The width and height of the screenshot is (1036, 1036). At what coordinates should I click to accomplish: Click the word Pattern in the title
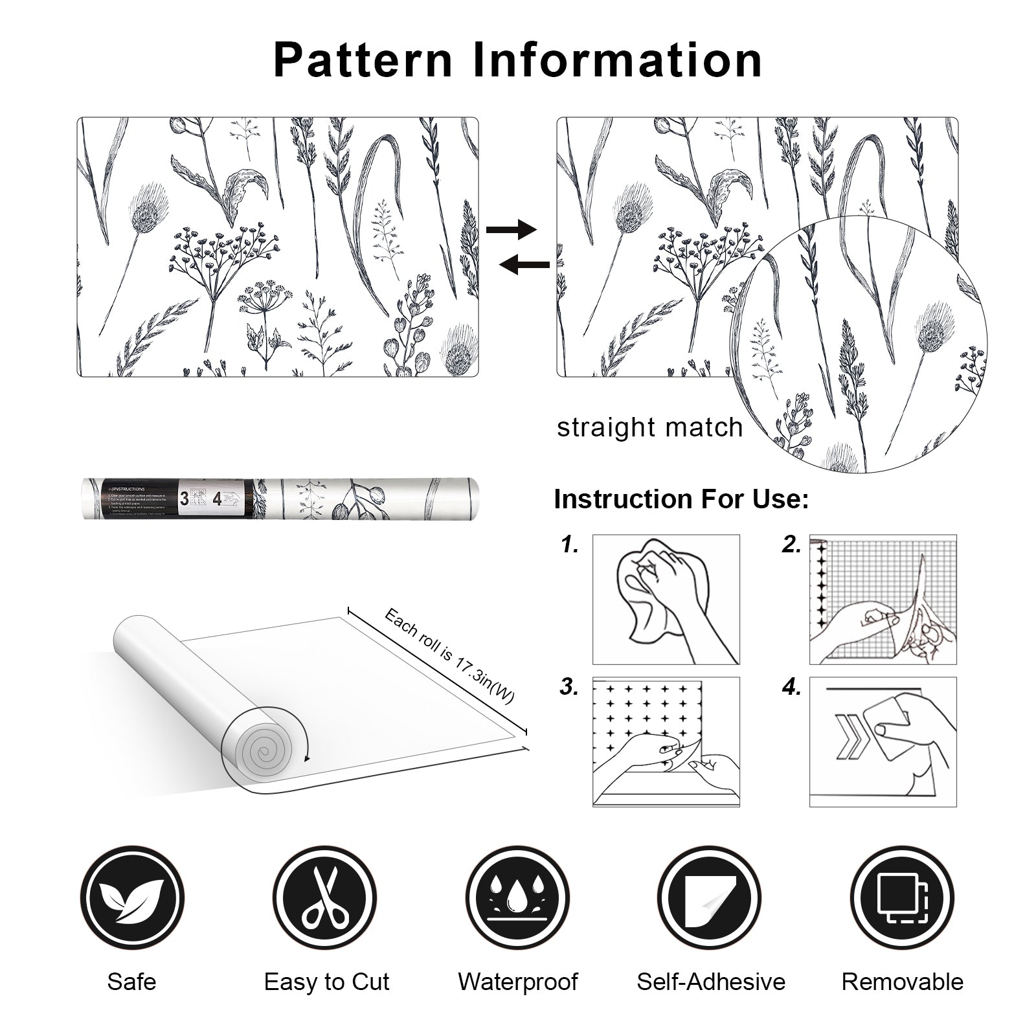click(x=363, y=60)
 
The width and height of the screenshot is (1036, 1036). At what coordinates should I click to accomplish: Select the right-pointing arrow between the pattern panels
click(x=511, y=229)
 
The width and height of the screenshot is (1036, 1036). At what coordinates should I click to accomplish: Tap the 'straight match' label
click(x=649, y=428)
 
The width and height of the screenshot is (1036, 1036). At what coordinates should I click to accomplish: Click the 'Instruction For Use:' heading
click(x=681, y=500)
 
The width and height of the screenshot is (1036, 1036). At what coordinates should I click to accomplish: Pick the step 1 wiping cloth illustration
click(x=666, y=599)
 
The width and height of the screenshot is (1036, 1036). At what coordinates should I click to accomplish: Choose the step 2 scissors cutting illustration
click(x=883, y=599)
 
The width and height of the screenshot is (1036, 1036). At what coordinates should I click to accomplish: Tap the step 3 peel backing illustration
click(x=666, y=741)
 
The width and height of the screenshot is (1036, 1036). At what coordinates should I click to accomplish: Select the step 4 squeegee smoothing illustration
click(x=883, y=741)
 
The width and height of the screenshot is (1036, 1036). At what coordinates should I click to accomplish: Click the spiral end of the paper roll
click(x=264, y=752)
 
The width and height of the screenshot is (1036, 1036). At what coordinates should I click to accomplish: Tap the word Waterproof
click(x=517, y=982)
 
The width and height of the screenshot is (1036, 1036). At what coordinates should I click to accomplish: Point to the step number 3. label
click(x=569, y=687)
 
